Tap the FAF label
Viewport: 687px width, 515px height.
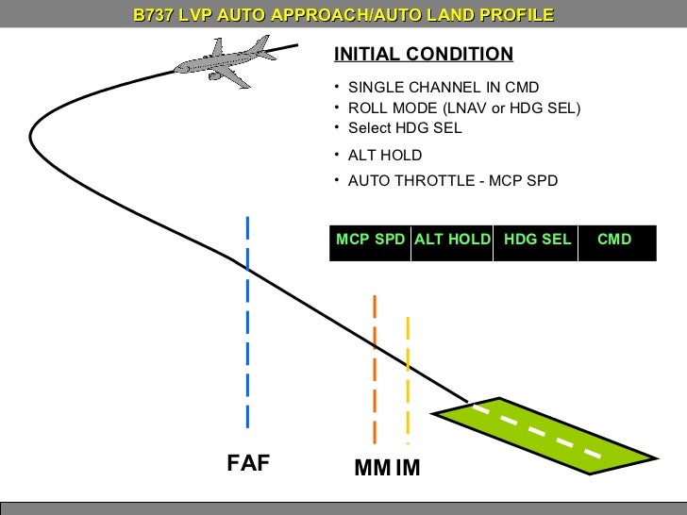pyautogui.click(x=248, y=463)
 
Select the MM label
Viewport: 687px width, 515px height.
pyautogui.click(x=372, y=467)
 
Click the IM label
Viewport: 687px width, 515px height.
pyautogui.click(x=408, y=467)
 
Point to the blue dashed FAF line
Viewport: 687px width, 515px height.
pyautogui.click(x=247, y=321)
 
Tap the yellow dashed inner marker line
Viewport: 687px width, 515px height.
pyautogui.click(x=408, y=377)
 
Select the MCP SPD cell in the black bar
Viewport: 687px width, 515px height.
pyautogui.click(x=370, y=240)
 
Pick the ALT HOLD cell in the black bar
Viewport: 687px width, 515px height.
pyautogui.click(x=452, y=240)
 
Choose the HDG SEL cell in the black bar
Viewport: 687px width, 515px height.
pyautogui.click(x=537, y=240)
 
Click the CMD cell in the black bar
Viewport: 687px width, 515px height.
pyautogui.click(x=614, y=240)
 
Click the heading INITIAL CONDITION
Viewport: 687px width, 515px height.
pyautogui.click(x=424, y=54)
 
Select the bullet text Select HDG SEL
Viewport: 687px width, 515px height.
pyautogui.click(x=405, y=128)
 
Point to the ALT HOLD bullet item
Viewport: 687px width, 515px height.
pyautogui.click(x=385, y=156)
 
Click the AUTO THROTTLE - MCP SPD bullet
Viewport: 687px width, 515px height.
pyautogui.click(x=452, y=180)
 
